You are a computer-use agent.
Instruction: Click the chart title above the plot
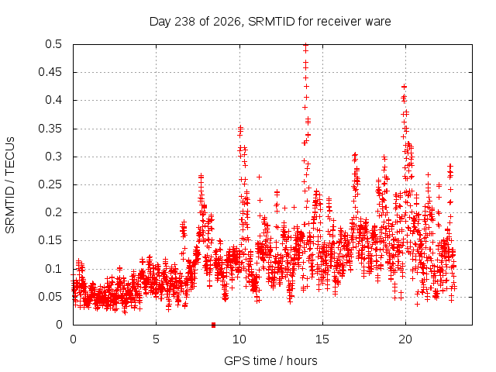[x=270, y=22]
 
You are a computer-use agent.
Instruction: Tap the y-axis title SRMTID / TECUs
[x=10, y=185]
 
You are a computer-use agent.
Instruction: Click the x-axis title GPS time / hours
[x=270, y=360]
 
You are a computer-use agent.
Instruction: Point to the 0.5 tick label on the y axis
[x=53, y=44]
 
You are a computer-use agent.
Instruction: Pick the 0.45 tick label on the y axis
[x=50, y=72]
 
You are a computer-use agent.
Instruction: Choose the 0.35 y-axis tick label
[x=50, y=129]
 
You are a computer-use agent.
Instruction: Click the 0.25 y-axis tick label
[x=50, y=184]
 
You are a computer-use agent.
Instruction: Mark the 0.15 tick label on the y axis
[x=50, y=240]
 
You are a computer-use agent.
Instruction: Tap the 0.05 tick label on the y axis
[x=50, y=297]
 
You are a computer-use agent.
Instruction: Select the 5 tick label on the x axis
[x=156, y=339]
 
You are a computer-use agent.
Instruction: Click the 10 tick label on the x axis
[x=239, y=339]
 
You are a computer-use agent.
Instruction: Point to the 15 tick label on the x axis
[x=322, y=339]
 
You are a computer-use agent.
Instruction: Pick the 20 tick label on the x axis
[x=405, y=339]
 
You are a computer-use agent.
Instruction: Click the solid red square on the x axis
[x=214, y=325]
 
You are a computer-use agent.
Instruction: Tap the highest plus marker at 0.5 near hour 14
[x=305, y=45]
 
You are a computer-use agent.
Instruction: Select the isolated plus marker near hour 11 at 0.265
[x=259, y=177]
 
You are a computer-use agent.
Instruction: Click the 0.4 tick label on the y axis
[x=53, y=100]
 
